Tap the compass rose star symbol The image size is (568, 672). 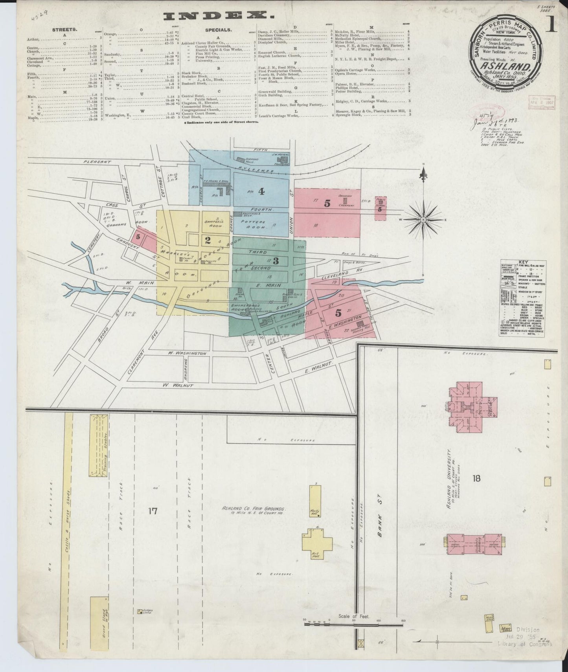point(423,218)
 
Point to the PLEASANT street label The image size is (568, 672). point(97,162)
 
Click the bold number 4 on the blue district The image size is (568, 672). point(261,191)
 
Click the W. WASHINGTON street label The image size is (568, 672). point(187,353)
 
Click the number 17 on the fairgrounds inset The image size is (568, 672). point(153,511)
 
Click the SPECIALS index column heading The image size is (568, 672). point(218,29)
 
